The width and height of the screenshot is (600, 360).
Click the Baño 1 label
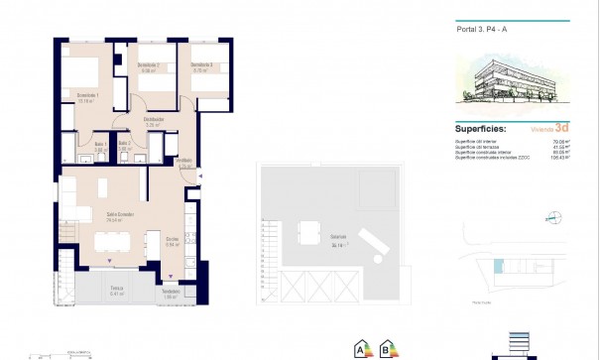pos(99,146)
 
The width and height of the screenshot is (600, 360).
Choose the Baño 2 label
pos(125,146)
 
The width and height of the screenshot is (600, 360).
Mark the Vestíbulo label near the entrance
pos(183,163)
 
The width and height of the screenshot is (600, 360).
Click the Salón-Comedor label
pos(121,215)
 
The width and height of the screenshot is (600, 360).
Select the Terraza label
pos(118,292)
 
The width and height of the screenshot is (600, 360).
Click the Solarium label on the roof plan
pos(311,239)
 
